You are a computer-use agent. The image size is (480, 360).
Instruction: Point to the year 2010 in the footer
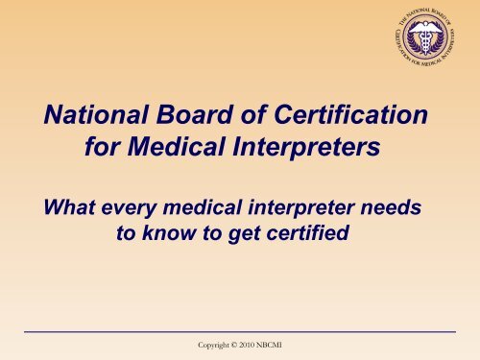coord(263,344)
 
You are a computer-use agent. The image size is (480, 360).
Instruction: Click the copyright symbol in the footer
coord(241,344)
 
